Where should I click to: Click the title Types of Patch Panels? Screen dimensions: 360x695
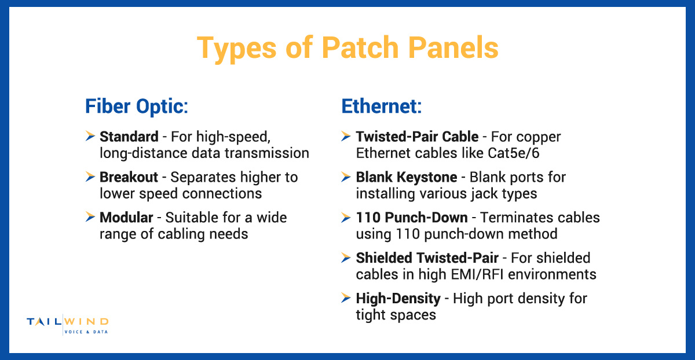(x=348, y=48)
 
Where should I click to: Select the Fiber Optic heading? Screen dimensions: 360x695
(x=137, y=106)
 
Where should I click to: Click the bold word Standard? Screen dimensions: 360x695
(x=129, y=137)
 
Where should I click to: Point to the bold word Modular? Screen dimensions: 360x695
(x=126, y=218)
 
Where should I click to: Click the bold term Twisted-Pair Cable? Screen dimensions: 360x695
(x=417, y=137)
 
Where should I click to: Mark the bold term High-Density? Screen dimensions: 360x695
(x=398, y=299)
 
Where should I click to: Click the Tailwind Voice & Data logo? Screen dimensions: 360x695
(x=68, y=325)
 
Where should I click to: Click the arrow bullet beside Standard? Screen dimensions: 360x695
(x=90, y=137)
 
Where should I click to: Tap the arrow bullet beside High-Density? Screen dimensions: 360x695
(x=346, y=298)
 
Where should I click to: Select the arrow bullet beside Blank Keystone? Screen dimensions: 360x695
(x=346, y=177)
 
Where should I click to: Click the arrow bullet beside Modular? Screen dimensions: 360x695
(x=90, y=217)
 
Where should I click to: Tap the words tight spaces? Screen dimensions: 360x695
(x=396, y=314)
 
